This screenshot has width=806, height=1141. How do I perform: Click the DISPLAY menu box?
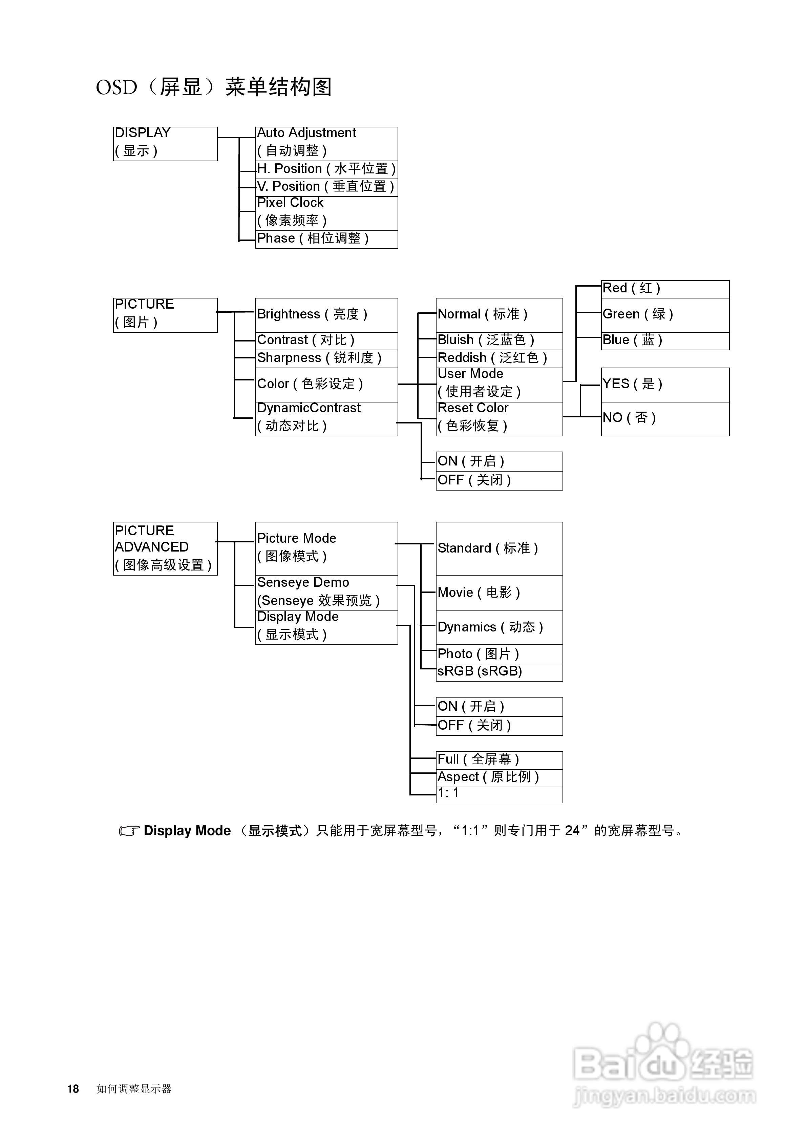point(165,144)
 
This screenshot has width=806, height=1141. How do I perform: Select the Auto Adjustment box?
point(326,144)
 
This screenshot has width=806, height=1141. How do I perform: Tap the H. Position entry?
point(326,169)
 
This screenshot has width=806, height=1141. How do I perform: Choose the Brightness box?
point(326,315)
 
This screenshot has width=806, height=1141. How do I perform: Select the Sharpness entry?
point(326,358)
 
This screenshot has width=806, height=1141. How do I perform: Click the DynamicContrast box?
point(326,418)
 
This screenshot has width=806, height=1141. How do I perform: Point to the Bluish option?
point(499,340)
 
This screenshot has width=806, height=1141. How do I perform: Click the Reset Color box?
point(499,418)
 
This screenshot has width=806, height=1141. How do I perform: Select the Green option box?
point(665,315)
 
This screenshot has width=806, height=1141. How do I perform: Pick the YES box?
point(665,384)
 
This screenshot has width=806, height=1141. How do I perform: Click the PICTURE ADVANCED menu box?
point(165,548)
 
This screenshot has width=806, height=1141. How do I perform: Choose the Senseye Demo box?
point(326,593)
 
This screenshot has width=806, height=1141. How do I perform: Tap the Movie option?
point(499,593)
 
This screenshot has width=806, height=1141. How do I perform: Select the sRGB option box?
point(499,672)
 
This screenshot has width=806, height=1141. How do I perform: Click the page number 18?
point(73,1088)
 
